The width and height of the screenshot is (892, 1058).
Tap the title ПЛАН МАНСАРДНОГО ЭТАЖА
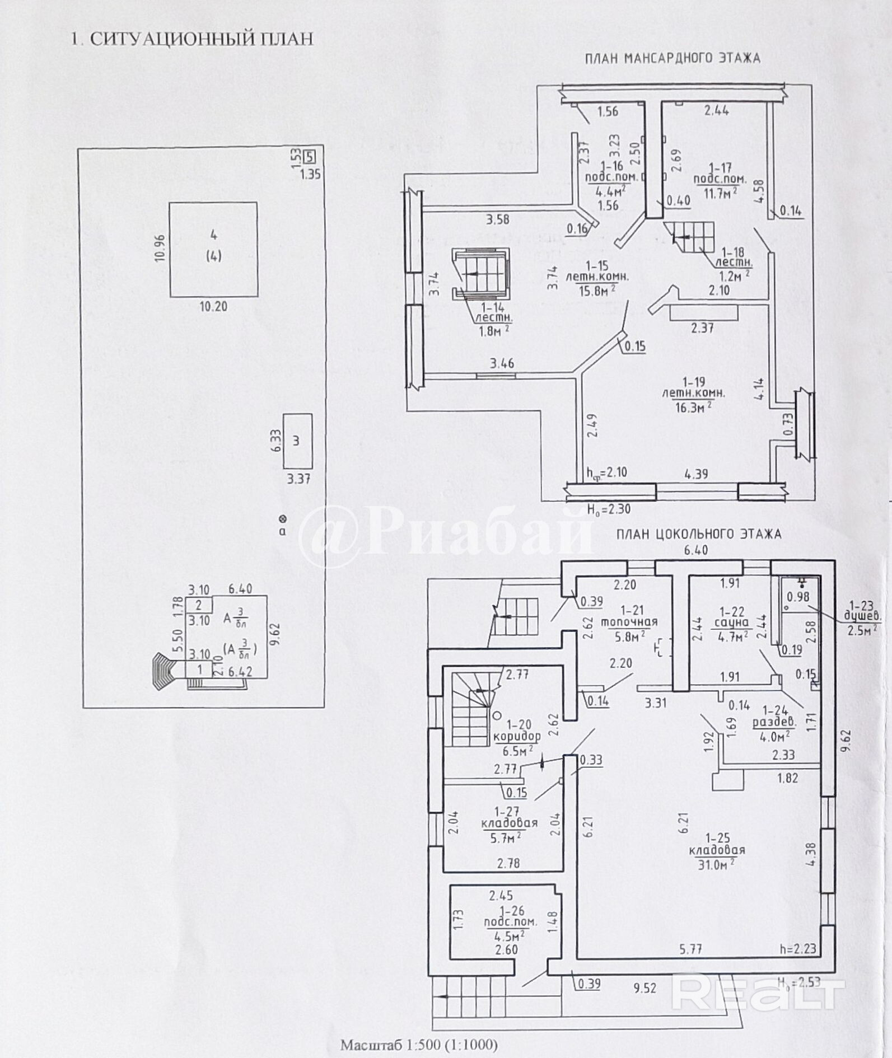pyautogui.click(x=672, y=58)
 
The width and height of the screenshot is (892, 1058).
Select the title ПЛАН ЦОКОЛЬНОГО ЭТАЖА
pyautogui.click(x=698, y=534)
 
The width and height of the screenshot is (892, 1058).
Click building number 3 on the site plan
pyautogui.click(x=296, y=441)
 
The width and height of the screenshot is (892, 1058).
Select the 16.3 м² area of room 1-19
pyautogui.click(x=693, y=408)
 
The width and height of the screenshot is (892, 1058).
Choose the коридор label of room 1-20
pyautogui.click(x=517, y=736)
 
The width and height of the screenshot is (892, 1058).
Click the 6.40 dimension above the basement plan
pyautogui.click(x=695, y=551)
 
